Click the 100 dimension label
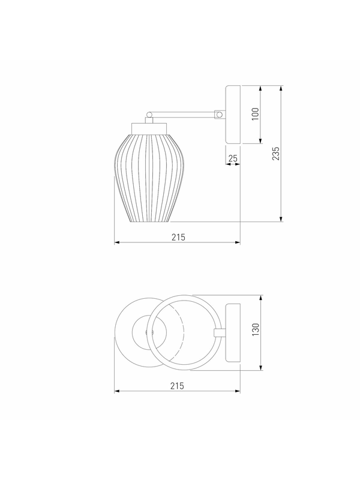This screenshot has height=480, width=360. click(x=256, y=114)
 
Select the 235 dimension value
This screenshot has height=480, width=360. click(x=276, y=154)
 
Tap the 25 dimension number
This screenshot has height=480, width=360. click(x=233, y=158)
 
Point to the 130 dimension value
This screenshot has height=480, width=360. click(x=256, y=329)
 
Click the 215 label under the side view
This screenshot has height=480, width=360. click(x=178, y=237)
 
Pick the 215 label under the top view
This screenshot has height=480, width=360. click(x=177, y=386)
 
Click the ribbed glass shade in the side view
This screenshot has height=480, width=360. click(x=149, y=178)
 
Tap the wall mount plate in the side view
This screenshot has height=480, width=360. click(x=233, y=115)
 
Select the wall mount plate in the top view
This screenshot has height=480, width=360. click(x=233, y=333)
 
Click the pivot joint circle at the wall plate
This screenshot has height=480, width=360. click(x=219, y=115)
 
